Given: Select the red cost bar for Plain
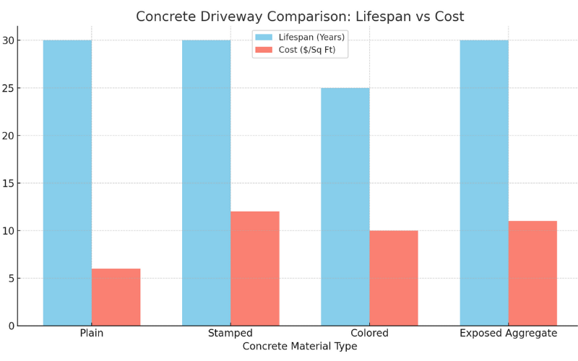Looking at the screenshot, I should click(116, 297).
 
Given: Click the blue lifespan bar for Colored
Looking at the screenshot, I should click(345, 206).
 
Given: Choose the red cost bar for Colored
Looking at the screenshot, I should click(393, 278).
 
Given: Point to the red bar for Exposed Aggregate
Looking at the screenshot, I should click(532, 273).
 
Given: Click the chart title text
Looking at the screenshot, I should click(300, 17).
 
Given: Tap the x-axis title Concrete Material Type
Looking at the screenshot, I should click(300, 347).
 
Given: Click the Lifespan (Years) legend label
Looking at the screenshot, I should click(311, 37).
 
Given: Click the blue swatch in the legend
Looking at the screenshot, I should click(264, 37).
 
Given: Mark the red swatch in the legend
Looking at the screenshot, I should click(264, 50).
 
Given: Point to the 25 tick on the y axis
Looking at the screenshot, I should click(8, 88).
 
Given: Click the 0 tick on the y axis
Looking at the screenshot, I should click(11, 326).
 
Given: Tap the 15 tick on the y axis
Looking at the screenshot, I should click(8, 183).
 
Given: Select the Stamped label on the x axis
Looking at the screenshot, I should click(230, 334).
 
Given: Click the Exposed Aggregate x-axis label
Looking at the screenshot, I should click(508, 334).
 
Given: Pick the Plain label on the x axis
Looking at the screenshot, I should click(92, 334).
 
